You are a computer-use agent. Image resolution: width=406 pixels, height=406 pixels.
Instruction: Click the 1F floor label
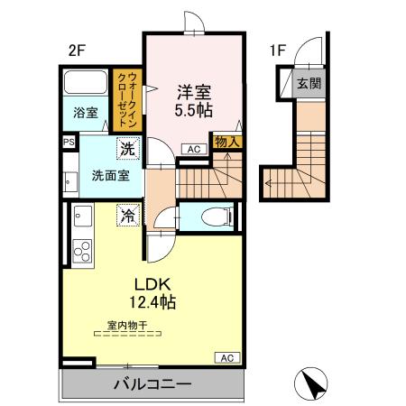click(x=276, y=51)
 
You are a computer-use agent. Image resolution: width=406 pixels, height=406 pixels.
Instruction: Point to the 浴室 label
click(x=86, y=115)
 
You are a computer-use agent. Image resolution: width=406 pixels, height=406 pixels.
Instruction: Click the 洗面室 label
click(x=110, y=176)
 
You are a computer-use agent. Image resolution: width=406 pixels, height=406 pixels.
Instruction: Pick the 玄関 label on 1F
click(x=309, y=84)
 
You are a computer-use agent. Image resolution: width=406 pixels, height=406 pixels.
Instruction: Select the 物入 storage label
click(x=226, y=141)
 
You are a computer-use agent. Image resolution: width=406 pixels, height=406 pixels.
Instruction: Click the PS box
click(x=69, y=142)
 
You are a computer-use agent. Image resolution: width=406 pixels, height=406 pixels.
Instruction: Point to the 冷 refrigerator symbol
click(x=129, y=216)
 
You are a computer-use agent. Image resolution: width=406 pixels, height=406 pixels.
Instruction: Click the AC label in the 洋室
click(x=193, y=150)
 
